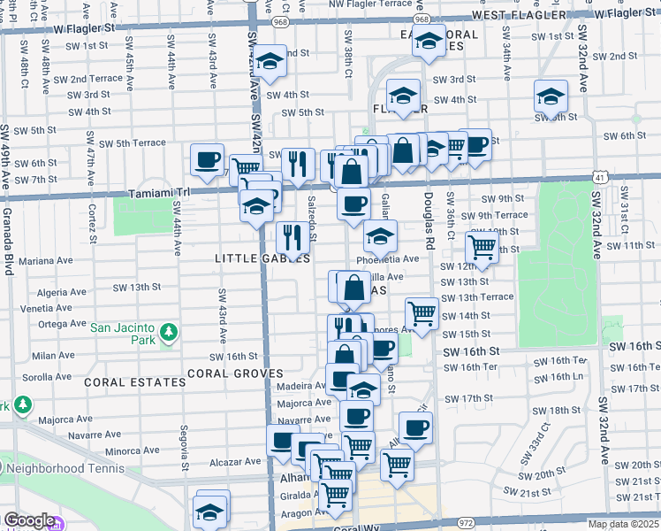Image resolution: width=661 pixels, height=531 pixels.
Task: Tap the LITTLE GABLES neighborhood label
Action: (262, 258)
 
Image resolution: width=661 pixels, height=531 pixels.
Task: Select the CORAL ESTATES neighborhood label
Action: (135, 382)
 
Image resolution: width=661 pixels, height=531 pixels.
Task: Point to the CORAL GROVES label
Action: (234, 373)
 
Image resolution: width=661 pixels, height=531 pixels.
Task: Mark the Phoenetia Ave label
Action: (387, 259)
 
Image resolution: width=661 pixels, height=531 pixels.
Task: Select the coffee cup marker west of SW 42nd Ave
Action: (208, 159)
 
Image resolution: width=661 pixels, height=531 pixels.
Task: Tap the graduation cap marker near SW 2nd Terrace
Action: (271, 60)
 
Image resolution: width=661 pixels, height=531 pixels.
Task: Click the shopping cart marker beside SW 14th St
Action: (422, 313)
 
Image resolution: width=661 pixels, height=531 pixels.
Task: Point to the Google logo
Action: (28, 520)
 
